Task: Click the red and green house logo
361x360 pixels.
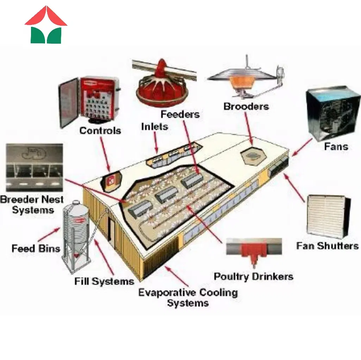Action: tap(46, 25)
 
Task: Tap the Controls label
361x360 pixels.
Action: tap(100, 131)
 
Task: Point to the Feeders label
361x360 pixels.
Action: tap(180, 114)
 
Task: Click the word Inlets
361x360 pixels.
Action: tap(154, 126)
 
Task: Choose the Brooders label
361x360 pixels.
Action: tap(246, 106)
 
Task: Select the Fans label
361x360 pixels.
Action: tap(336, 146)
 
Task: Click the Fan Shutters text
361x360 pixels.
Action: tap(327, 246)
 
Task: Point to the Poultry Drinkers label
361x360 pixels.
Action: tap(253, 276)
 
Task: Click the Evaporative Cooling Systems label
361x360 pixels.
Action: tap(188, 297)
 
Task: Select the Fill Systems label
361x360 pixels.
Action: tap(104, 281)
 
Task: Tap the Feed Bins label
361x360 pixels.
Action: tap(36, 248)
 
